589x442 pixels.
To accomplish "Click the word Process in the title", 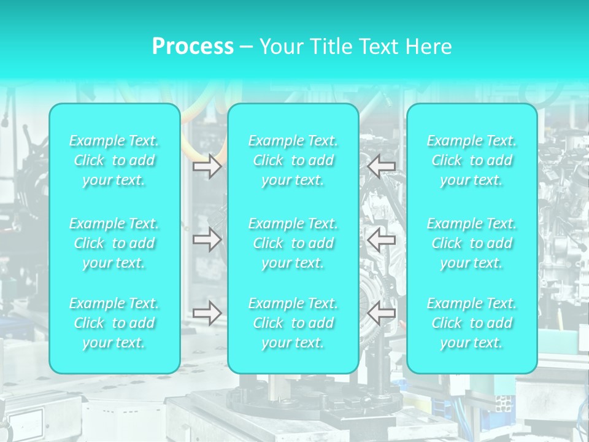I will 193,47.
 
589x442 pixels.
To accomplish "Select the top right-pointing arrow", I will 207,166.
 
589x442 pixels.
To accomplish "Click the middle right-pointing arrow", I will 207,239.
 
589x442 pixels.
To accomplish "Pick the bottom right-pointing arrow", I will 207,312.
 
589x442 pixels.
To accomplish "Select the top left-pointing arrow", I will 381,166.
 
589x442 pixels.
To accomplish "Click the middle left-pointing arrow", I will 381,239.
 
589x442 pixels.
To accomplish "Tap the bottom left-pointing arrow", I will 381,312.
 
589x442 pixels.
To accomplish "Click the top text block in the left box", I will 114,160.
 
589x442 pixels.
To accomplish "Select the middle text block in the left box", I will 114,243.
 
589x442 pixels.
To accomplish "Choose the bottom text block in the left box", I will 114,323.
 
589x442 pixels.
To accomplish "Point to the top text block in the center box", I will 293,160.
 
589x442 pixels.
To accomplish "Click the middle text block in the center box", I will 293,243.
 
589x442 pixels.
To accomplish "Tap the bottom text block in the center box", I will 293,323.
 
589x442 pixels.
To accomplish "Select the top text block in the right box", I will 472,160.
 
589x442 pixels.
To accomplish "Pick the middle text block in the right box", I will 472,243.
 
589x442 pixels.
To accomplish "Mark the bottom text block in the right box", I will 472,323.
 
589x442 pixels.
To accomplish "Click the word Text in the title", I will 376,47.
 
